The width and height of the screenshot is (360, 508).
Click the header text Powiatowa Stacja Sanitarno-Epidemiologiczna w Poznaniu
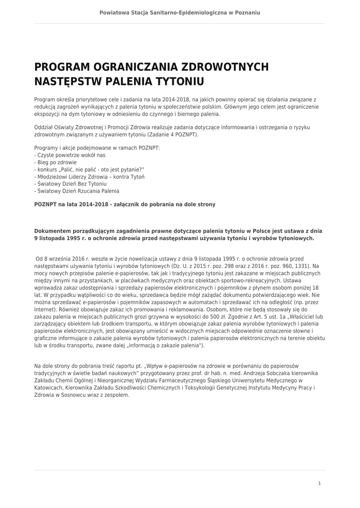180,12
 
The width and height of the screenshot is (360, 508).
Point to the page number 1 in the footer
319,483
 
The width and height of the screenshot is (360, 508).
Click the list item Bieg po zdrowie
56,162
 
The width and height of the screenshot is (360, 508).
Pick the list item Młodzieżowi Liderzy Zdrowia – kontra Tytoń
89,177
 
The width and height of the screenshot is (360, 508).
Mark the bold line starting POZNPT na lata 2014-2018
125,204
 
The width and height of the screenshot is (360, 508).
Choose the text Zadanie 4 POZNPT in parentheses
173,135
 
